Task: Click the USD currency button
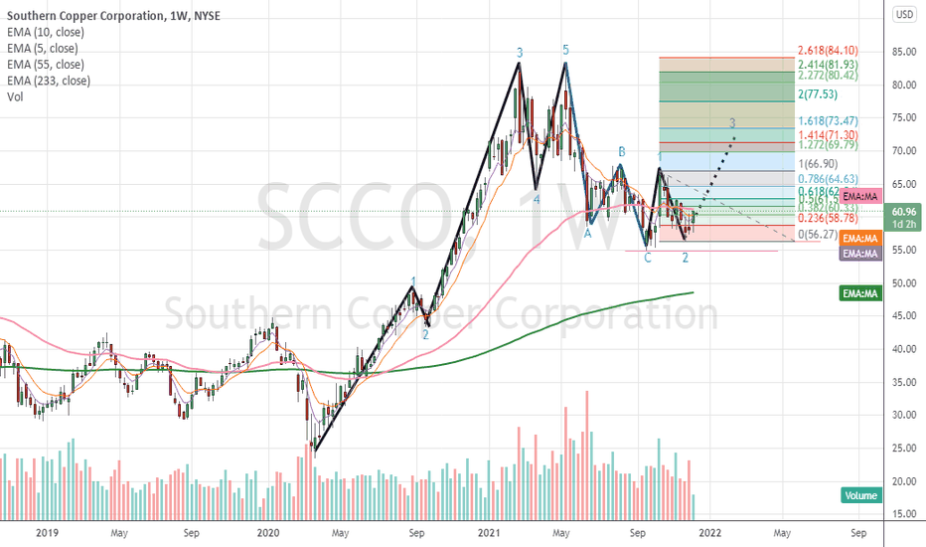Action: coord(904,14)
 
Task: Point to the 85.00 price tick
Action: coord(903,52)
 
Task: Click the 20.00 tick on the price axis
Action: coord(903,481)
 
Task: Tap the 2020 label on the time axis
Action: coord(268,532)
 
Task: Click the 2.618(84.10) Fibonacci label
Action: coord(829,51)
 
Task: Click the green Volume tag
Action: coord(860,494)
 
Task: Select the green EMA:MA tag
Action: coord(860,293)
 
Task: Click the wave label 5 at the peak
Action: coord(565,50)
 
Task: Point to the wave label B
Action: coord(622,151)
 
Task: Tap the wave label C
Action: coord(648,258)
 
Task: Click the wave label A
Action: coord(587,234)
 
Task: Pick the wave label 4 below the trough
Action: coord(537,199)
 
